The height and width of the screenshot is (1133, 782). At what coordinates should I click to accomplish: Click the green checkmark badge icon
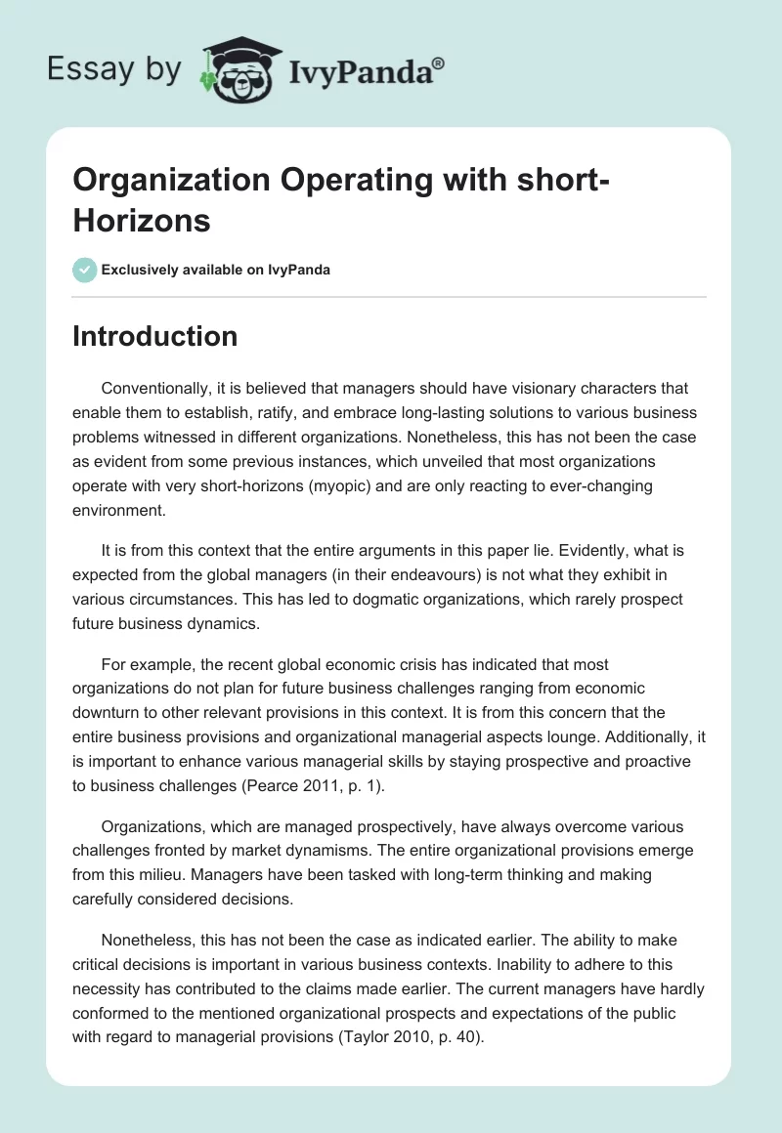(84, 270)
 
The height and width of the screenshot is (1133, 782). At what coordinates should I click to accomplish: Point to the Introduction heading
(154, 336)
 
